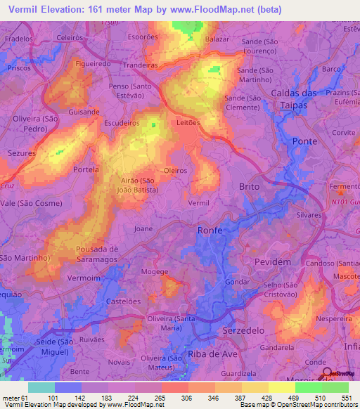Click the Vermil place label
point(200,202)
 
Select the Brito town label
point(249,187)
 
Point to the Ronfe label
point(210,230)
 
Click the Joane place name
point(143,228)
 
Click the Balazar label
point(217,41)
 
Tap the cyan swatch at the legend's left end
point(41,387)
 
